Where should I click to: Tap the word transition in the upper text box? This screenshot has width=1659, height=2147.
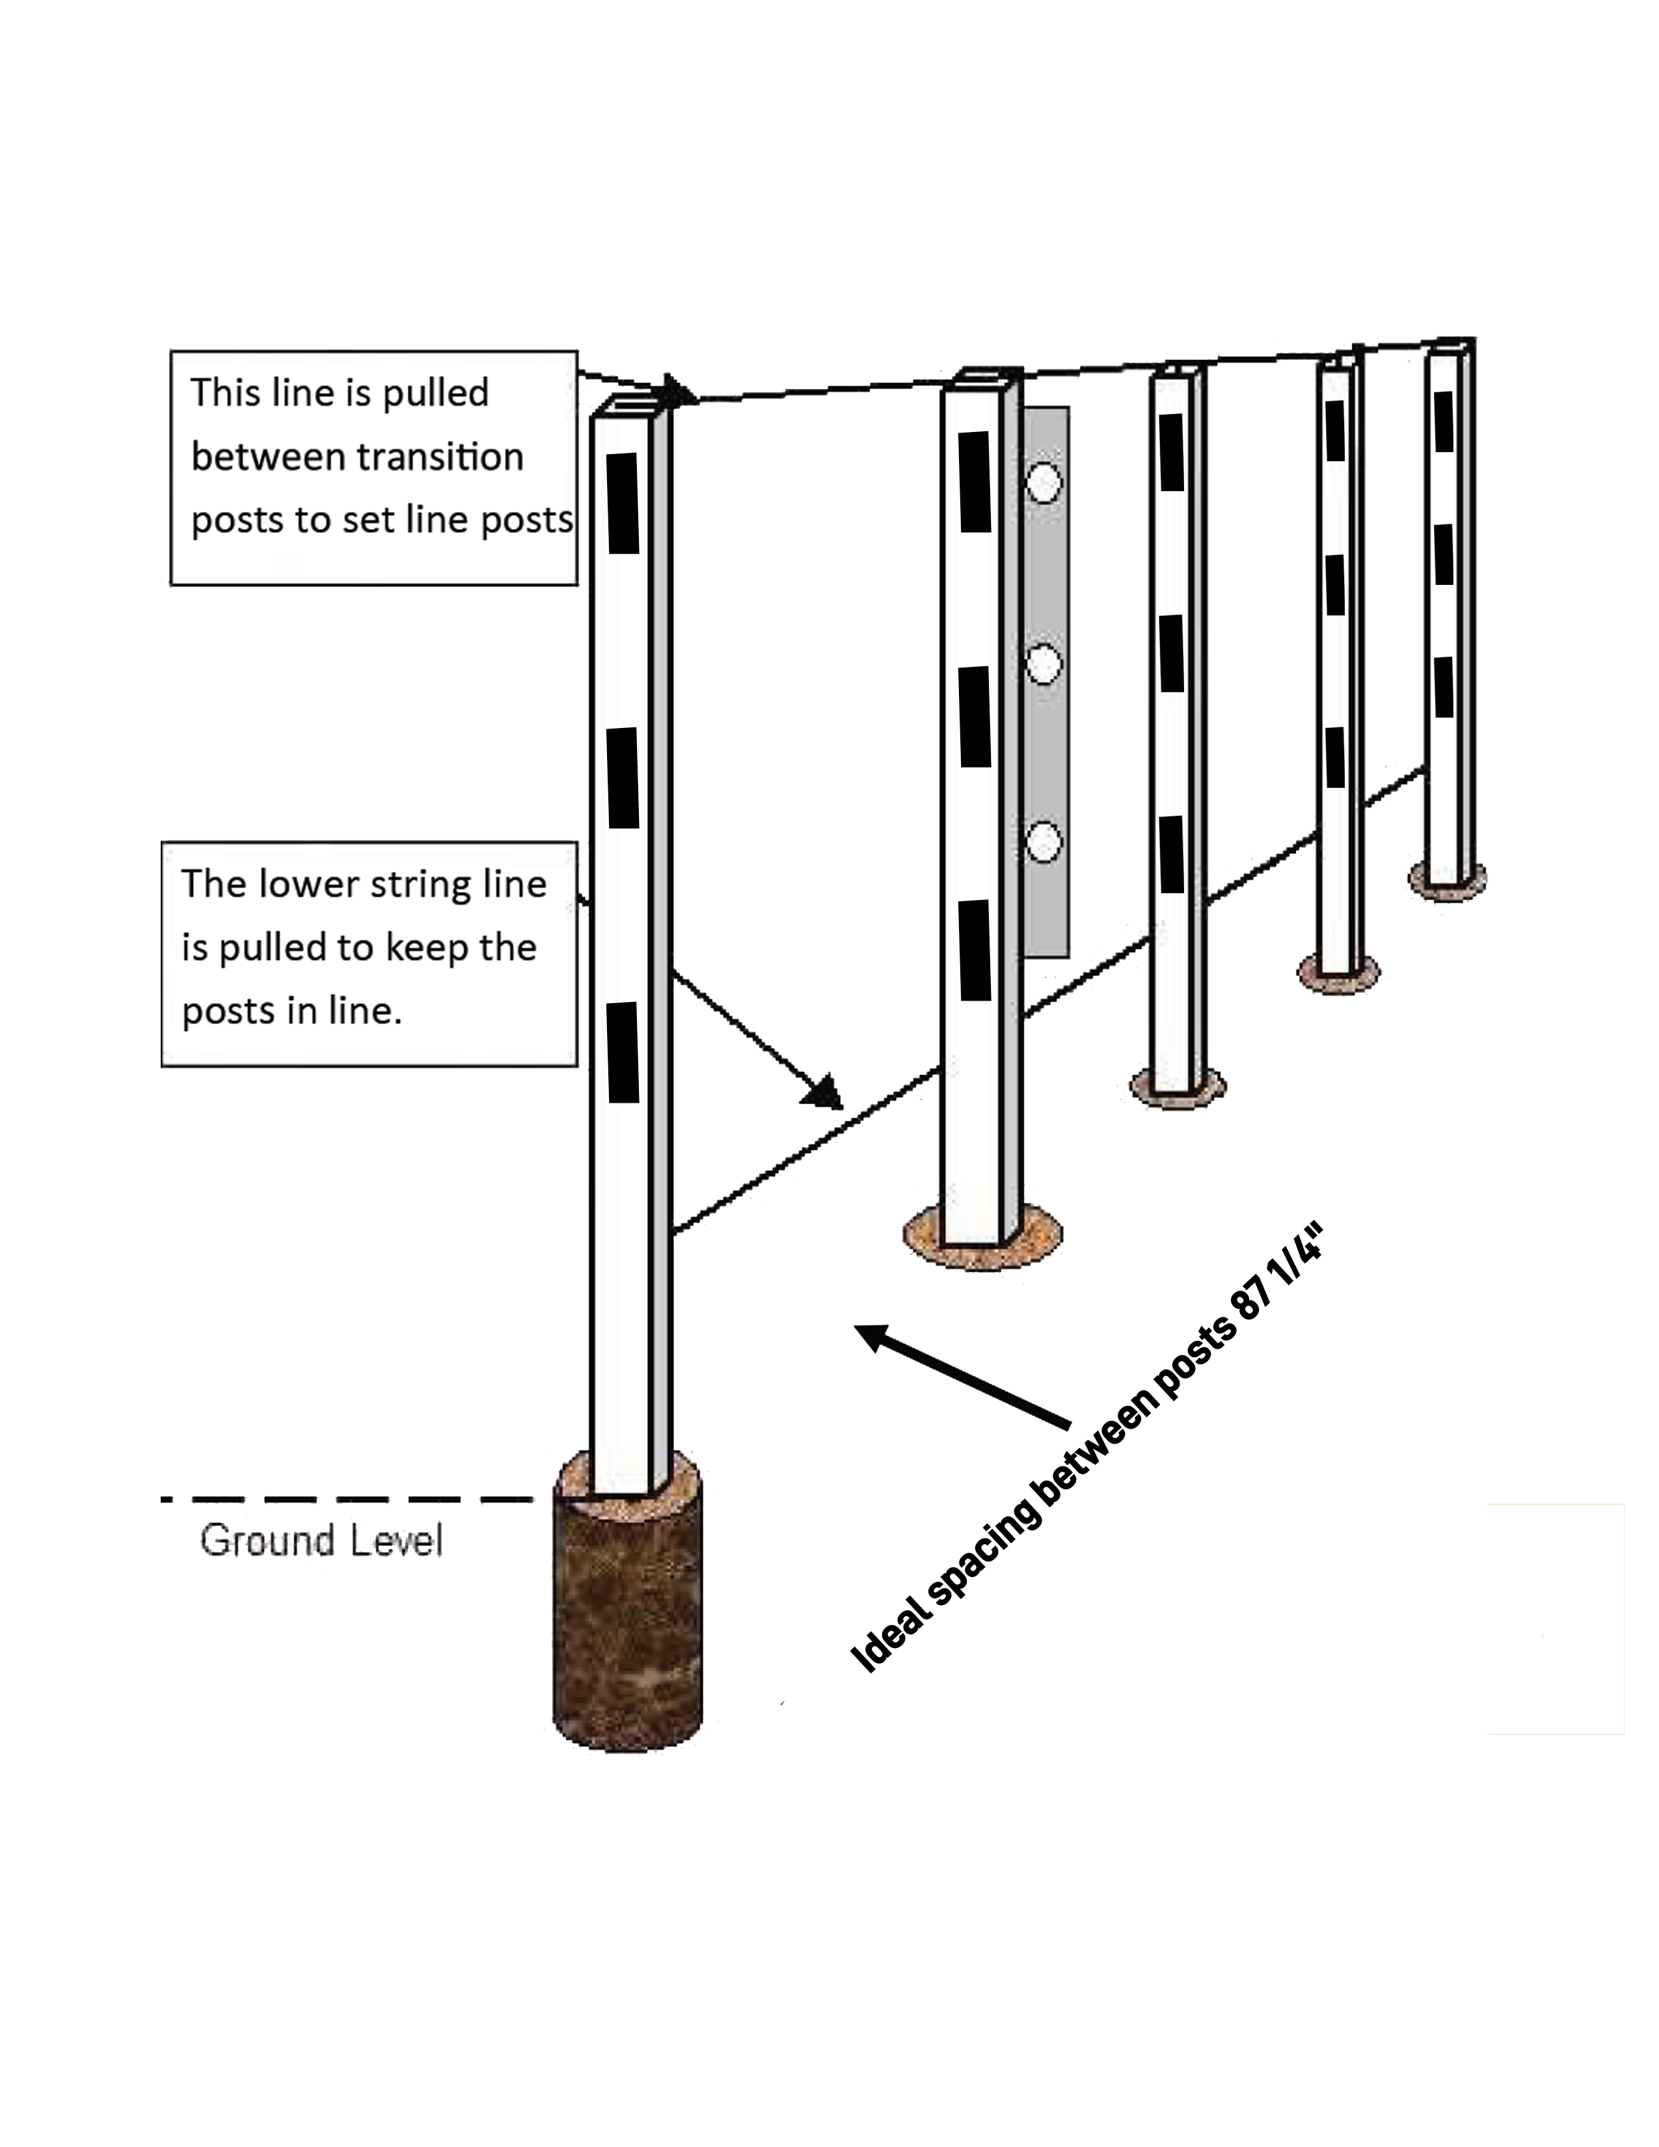pyautogui.click(x=439, y=457)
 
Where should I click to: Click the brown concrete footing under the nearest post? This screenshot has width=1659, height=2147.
pyautogui.click(x=627, y=1612)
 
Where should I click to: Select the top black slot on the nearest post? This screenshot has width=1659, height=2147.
pyautogui.click(x=622, y=502)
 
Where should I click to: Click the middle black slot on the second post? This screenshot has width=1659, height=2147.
pyautogui.click(x=975, y=717)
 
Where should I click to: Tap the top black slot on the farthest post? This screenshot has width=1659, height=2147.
pyautogui.click(x=1444, y=422)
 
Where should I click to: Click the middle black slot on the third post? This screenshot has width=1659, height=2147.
pyautogui.click(x=1172, y=653)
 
